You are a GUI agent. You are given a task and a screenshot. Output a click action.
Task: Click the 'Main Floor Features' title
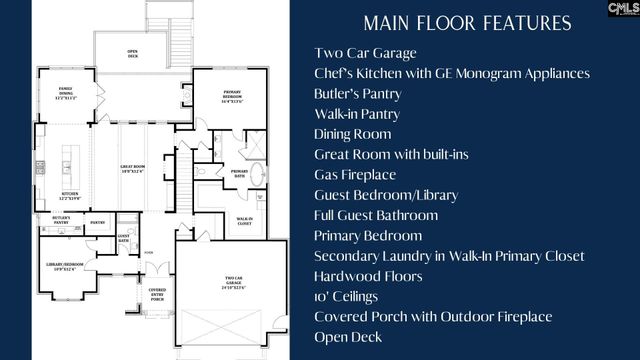467,23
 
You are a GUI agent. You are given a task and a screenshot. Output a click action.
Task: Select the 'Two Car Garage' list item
365,53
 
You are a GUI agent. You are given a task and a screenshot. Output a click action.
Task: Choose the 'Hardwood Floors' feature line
367,276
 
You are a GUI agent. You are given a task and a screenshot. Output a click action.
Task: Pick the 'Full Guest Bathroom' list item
376,215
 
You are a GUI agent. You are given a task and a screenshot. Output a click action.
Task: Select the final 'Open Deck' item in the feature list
348,337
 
